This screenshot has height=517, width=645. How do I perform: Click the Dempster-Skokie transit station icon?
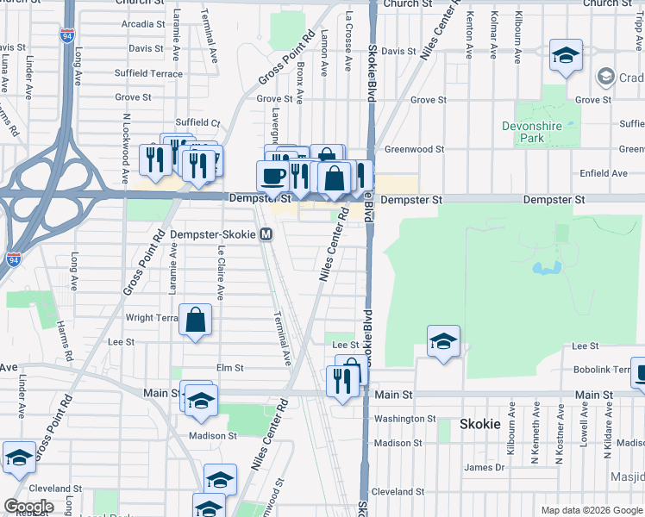(267, 234)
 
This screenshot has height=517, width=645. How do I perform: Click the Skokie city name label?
(480, 424)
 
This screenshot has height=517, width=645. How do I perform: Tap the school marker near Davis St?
(566, 57)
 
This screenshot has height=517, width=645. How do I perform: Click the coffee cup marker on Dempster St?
(273, 176)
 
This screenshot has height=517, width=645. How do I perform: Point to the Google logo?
(28, 507)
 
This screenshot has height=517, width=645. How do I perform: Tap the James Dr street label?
(484, 467)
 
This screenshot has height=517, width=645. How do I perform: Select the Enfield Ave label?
(604, 173)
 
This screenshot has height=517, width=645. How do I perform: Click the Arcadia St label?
(137, 24)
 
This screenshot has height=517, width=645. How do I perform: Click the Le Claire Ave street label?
(221, 272)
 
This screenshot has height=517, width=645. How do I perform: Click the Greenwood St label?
(414, 149)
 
